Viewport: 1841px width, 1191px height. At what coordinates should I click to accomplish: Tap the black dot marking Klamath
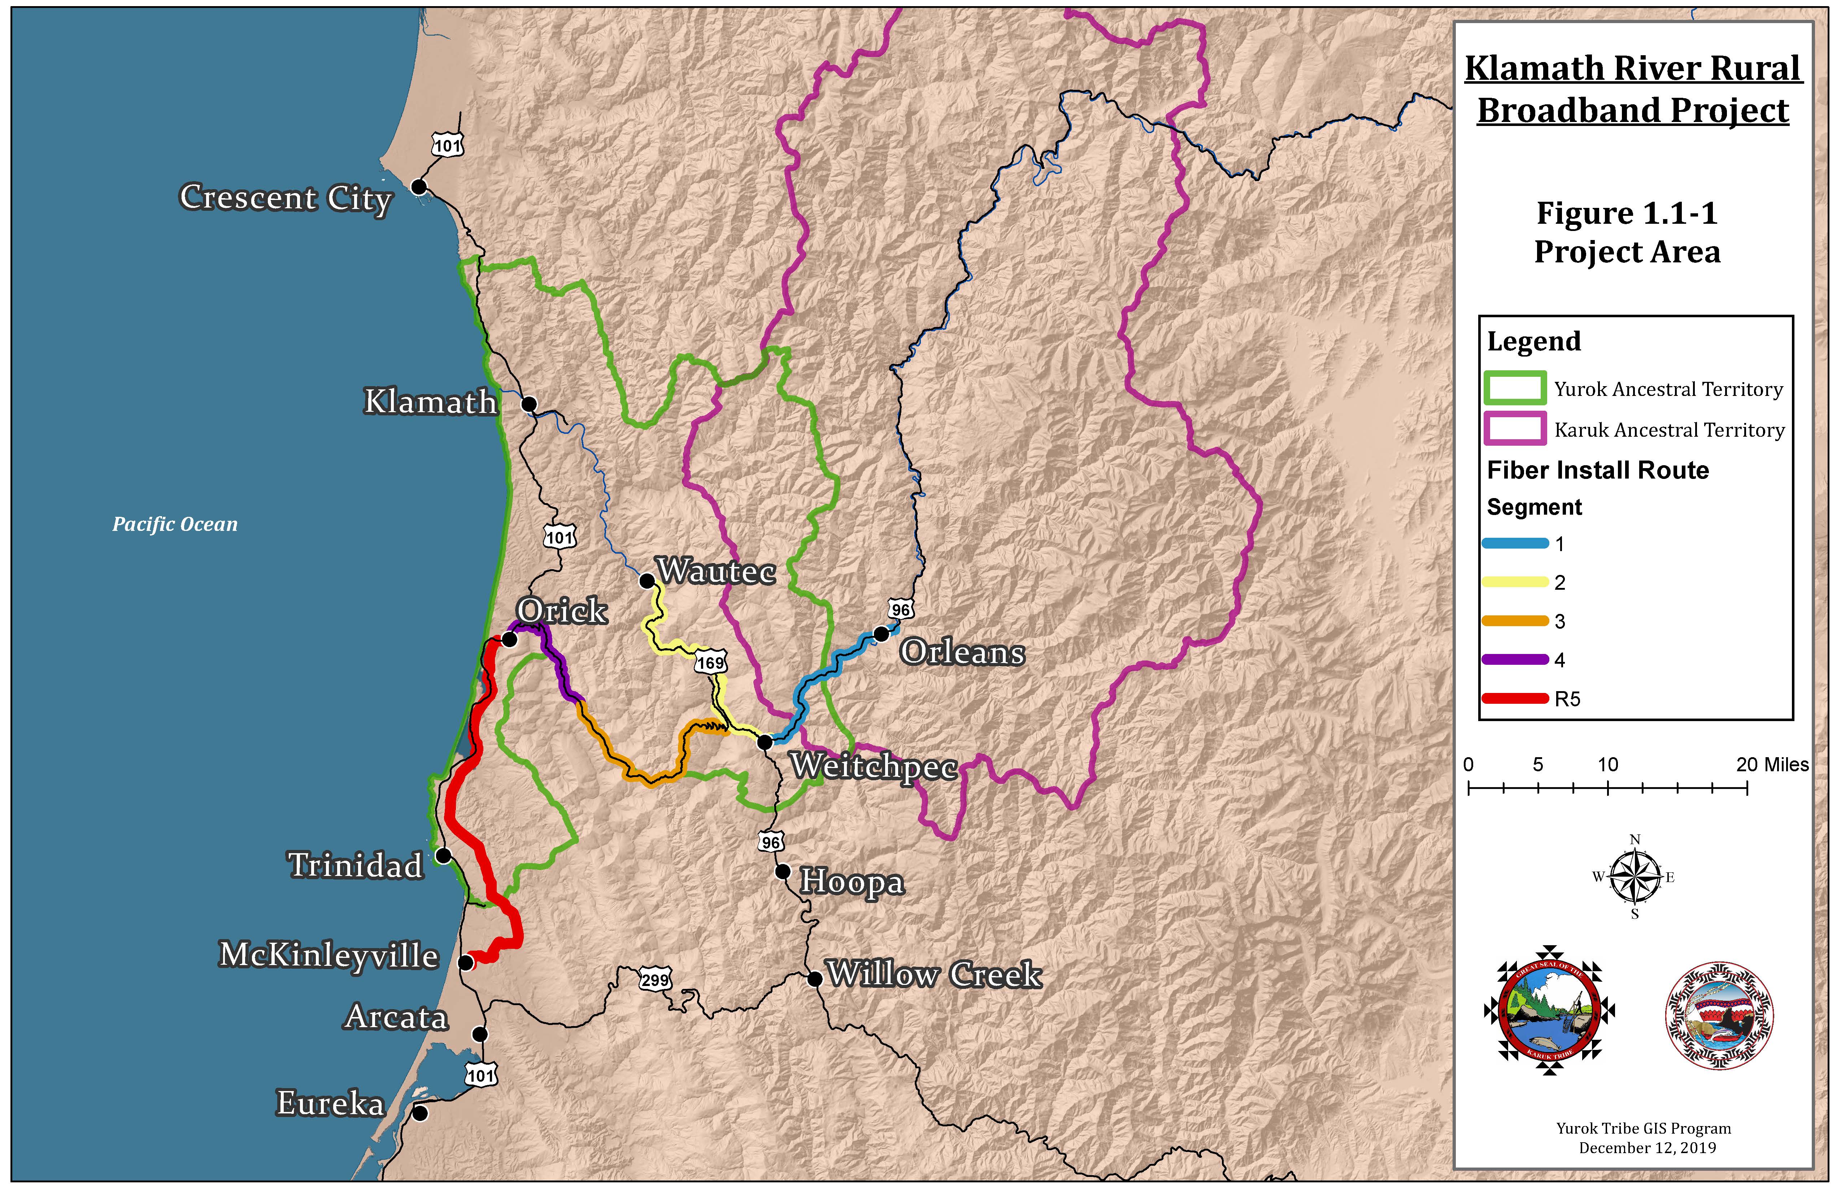pyautogui.click(x=529, y=404)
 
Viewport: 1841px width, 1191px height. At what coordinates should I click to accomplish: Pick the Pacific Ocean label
pyautogui.click(x=175, y=524)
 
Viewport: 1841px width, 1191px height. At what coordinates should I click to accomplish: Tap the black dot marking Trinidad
pyautogui.click(x=443, y=855)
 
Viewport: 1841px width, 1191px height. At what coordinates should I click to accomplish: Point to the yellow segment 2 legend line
pyautogui.click(x=1515, y=583)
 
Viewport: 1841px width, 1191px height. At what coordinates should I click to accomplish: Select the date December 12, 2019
pyautogui.click(x=1647, y=1148)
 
